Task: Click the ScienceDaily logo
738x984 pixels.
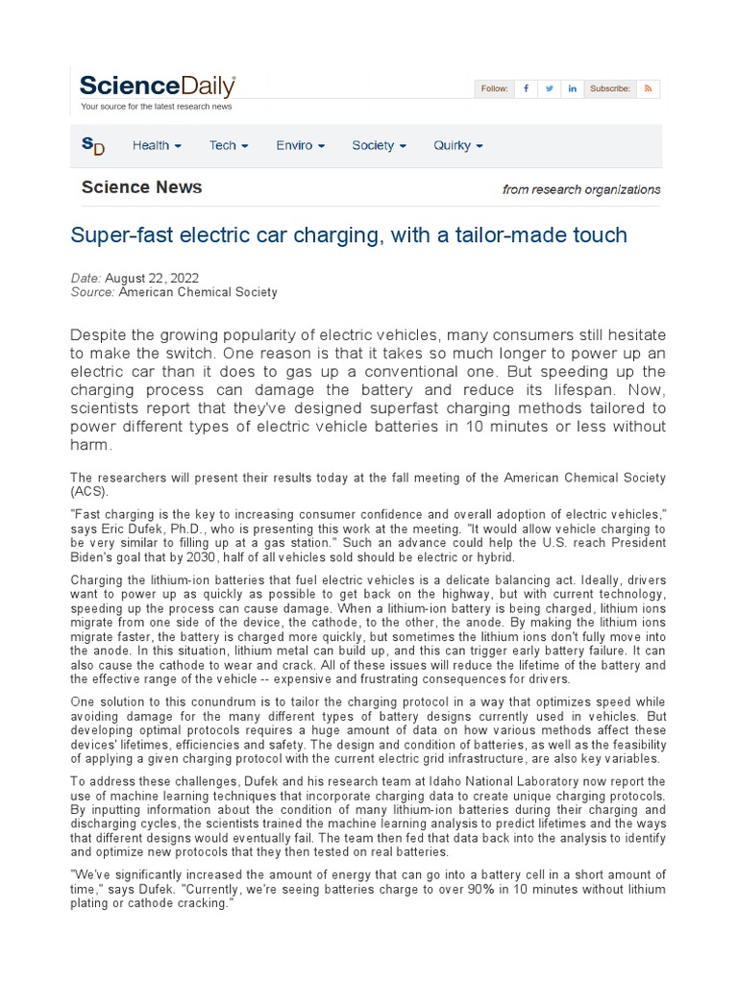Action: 158,86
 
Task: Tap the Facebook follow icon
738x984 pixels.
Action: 526,88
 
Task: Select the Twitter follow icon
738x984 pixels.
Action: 550,88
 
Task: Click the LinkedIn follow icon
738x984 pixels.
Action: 573,88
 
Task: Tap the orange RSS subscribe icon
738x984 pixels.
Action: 649,88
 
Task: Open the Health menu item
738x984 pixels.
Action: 157,145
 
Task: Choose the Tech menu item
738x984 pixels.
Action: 229,145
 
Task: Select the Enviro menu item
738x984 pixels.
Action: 300,145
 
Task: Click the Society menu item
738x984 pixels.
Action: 379,145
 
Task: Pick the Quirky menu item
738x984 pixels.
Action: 457,145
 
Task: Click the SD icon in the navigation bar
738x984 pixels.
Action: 93,145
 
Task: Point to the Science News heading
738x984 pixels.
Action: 141,187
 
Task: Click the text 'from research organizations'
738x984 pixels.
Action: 580,189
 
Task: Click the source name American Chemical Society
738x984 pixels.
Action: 198,291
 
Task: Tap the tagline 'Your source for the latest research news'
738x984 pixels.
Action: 156,107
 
